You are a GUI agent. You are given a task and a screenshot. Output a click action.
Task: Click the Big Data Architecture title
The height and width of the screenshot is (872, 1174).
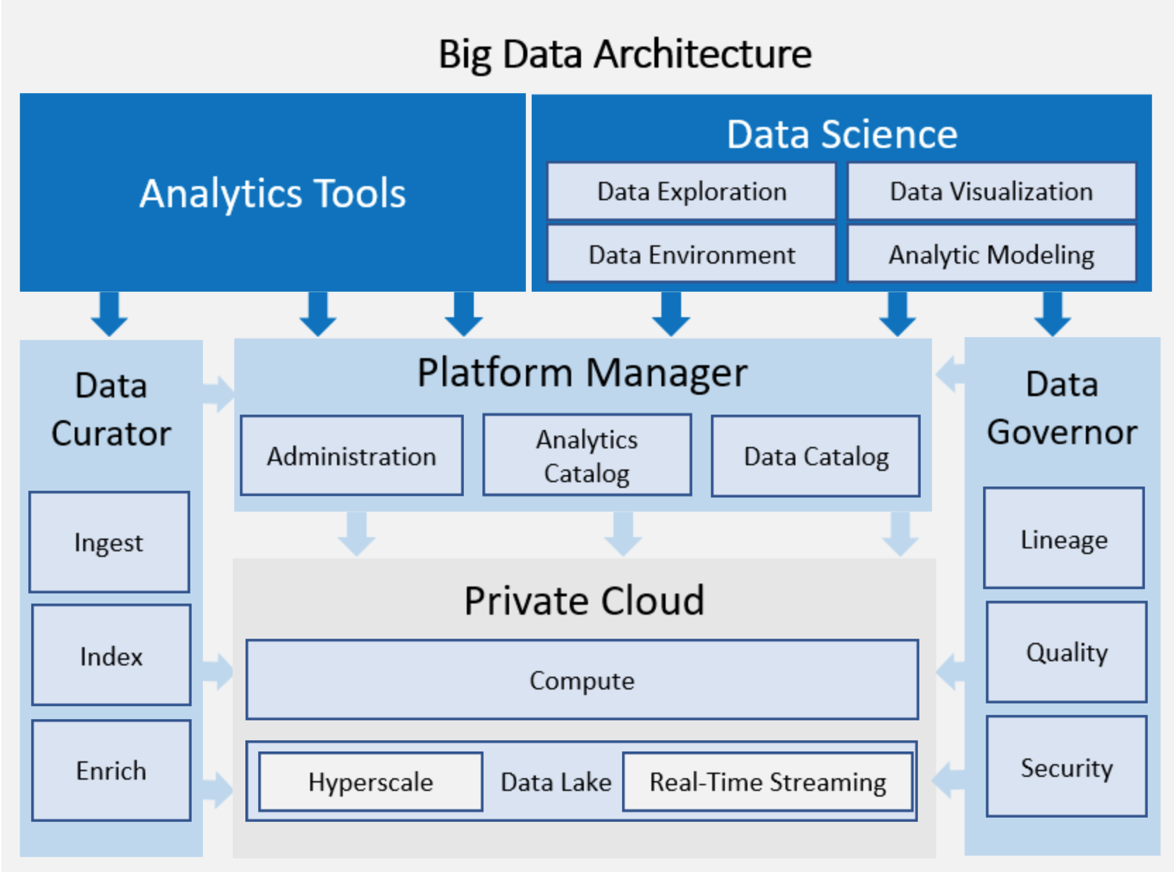(625, 54)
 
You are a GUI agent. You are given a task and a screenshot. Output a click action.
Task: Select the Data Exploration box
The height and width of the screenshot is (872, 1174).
(691, 192)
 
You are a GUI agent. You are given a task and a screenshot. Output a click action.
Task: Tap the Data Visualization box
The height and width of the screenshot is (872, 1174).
(991, 192)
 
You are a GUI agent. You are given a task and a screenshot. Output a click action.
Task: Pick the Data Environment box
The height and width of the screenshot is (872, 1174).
(691, 254)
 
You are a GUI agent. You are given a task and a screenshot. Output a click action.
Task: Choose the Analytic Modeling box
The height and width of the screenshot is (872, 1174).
(991, 254)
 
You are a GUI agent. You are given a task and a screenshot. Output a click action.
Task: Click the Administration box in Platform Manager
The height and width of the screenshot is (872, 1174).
(351, 456)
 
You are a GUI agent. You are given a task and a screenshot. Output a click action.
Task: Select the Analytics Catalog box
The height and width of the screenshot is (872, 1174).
(587, 455)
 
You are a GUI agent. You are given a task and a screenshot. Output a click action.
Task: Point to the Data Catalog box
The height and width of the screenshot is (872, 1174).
(816, 456)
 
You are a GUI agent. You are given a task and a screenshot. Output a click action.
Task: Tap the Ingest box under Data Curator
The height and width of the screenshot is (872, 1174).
(109, 542)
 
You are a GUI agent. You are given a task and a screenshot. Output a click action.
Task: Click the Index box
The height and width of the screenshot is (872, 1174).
(111, 656)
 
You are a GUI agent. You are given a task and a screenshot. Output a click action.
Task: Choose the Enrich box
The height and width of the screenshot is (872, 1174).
(111, 770)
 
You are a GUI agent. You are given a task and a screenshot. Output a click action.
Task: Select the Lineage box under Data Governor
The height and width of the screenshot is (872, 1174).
(1064, 539)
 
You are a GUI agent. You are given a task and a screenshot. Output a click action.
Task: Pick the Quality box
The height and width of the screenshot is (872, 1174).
(1066, 652)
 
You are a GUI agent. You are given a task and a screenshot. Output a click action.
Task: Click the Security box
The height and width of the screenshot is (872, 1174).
(1066, 767)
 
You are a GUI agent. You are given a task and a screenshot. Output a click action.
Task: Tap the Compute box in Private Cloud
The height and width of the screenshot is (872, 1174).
(582, 680)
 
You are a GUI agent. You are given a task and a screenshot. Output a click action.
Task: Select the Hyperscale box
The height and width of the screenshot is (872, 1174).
(371, 782)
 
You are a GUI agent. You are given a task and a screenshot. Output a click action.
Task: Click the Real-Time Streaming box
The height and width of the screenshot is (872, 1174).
(767, 782)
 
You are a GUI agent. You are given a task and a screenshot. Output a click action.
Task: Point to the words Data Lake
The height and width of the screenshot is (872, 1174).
(556, 782)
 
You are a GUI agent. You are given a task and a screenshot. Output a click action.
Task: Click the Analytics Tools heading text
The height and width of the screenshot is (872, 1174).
(272, 193)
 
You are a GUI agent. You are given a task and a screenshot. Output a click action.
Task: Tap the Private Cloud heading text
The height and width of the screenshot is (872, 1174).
(584, 601)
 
